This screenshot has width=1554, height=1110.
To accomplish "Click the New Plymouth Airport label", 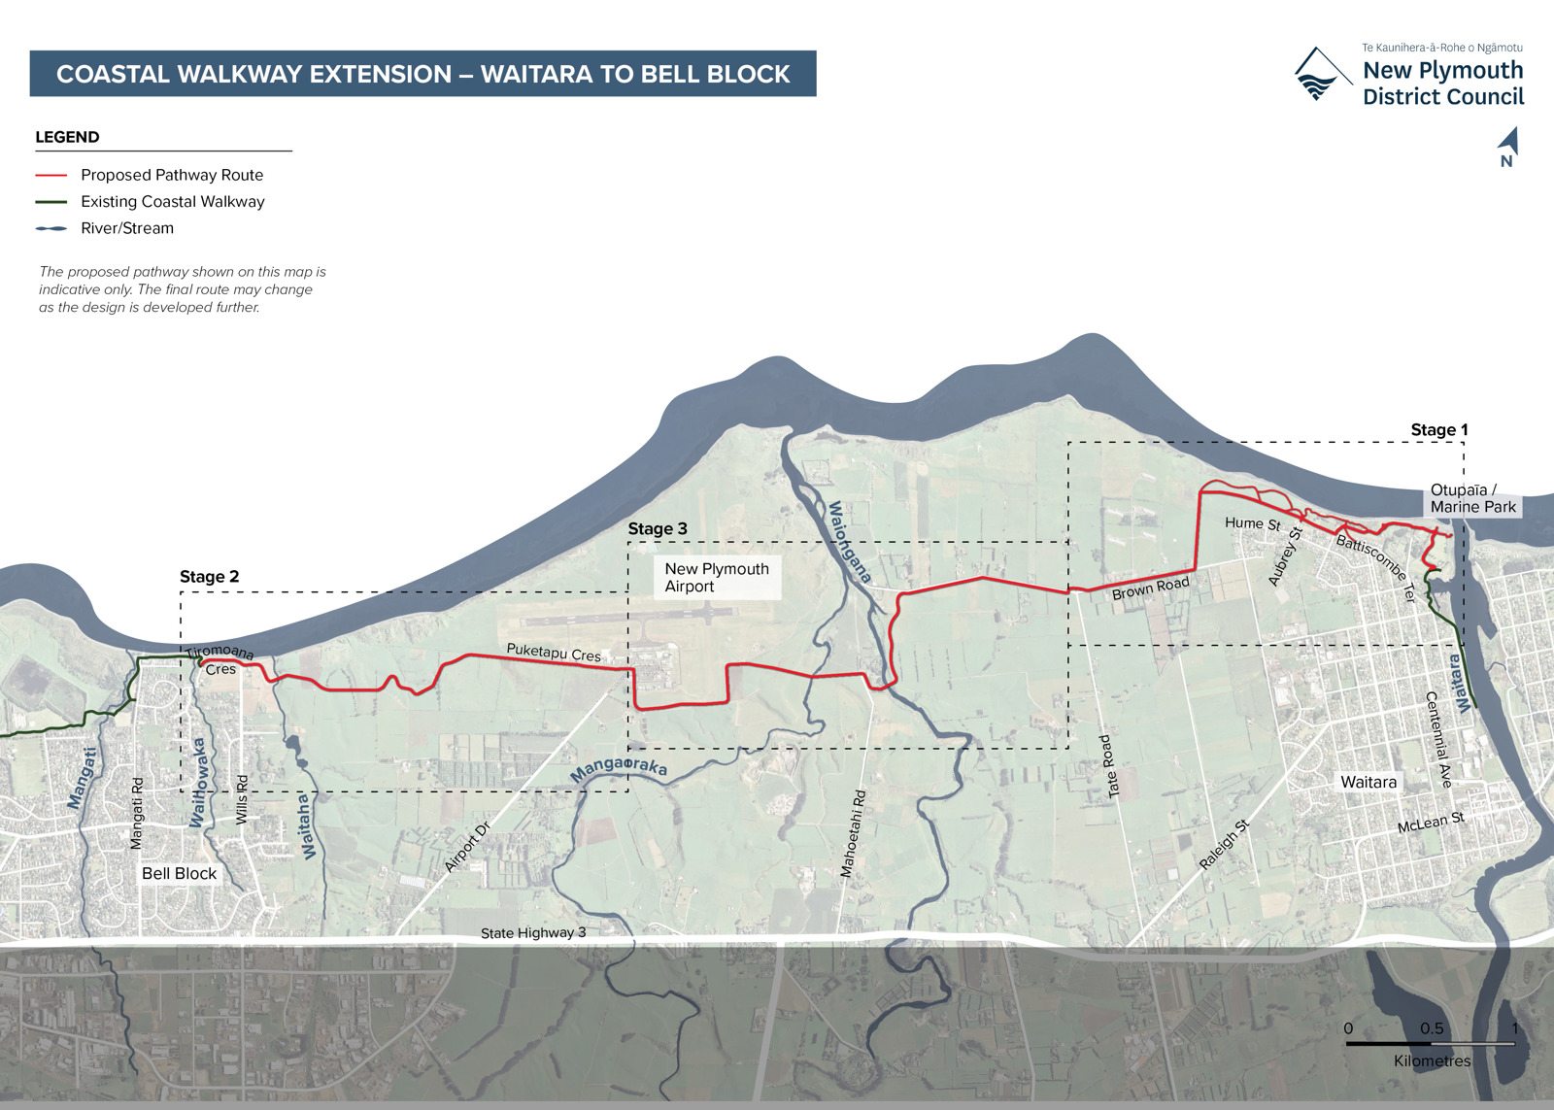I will (717, 578).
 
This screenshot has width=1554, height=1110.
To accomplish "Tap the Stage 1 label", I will (1438, 430).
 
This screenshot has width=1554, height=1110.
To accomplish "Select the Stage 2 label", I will (209, 577).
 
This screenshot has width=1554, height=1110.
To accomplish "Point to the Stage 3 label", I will (658, 529).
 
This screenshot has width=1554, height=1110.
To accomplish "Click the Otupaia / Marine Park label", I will (1472, 498).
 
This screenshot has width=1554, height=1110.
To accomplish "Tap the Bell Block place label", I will (180, 874).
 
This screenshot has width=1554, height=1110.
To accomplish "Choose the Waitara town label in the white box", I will (1368, 783).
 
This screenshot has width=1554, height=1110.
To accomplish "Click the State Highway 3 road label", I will (533, 933).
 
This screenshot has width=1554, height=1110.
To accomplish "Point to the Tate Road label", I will (1109, 766).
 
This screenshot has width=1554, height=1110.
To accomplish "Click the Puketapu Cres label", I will (554, 653).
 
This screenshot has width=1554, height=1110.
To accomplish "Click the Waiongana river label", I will (848, 542).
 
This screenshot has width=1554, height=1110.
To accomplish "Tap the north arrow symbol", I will (1508, 147).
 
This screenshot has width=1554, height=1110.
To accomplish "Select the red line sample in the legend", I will (51, 176).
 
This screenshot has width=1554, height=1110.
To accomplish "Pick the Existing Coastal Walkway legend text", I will (172, 202).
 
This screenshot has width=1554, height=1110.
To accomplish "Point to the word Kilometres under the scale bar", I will (1432, 1061).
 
